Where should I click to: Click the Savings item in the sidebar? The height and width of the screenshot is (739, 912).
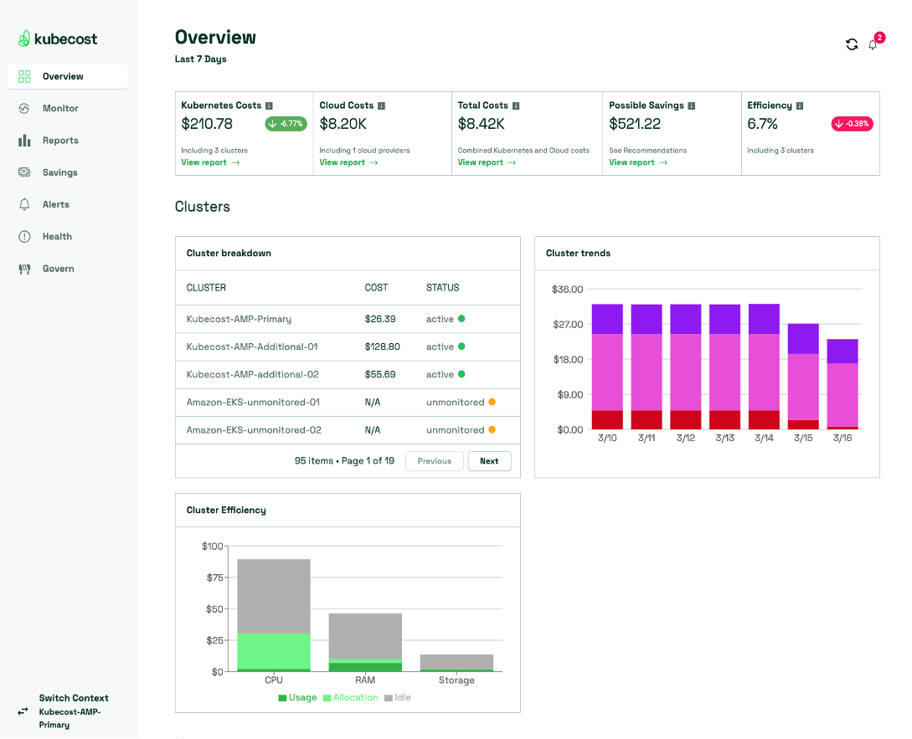tap(59, 172)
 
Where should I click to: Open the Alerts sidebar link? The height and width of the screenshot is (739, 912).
tap(55, 204)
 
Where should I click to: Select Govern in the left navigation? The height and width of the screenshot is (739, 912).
tap(58, 269)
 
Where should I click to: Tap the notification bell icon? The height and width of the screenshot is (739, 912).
tap(873, 45)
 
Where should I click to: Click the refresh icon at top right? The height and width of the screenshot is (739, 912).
tap(852, 44)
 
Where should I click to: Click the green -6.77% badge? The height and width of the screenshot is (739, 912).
tap(286, 124)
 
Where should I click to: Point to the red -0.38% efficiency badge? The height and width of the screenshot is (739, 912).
tap(852, 124)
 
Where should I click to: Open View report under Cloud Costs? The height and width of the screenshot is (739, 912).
tap(348, 162)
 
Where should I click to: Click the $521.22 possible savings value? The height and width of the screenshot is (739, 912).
tap(635, 124)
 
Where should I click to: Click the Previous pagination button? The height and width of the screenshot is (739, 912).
tap(434, 461)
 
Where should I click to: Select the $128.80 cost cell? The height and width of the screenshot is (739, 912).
tap(383, 346)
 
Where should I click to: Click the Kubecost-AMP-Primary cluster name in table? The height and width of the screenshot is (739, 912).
tap(239, 319)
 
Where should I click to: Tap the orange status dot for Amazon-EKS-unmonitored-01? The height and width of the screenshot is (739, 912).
tap(492, 402)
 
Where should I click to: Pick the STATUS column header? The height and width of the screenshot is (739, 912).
tap(442, 288)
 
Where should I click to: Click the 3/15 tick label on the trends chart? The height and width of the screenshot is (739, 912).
tap(803, 439)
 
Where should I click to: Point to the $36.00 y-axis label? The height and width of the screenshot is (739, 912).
tap(567, 290)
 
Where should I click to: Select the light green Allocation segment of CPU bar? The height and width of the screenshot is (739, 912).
tap(274, 650)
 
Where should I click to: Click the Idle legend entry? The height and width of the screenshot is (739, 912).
tap(398, 697)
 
